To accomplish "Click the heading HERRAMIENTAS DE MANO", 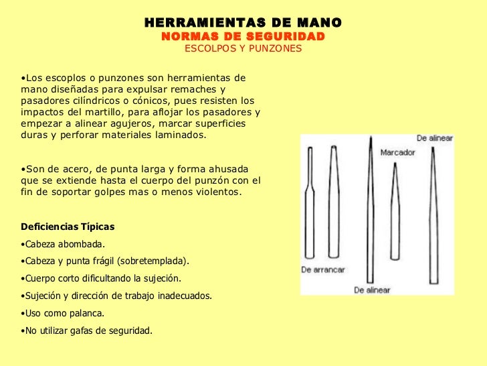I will (243, 23).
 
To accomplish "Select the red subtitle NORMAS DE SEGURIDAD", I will (243, 36).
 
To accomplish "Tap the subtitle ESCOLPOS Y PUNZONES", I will (243, 49).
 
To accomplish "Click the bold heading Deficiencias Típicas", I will (68, 227).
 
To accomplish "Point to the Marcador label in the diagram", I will (397, 152).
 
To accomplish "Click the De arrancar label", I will (323, 269).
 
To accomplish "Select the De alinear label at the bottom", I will (372, 290).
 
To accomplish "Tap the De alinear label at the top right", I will (435, 138).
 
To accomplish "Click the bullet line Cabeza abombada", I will (64, 244).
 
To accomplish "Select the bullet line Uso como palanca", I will (64, 313).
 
